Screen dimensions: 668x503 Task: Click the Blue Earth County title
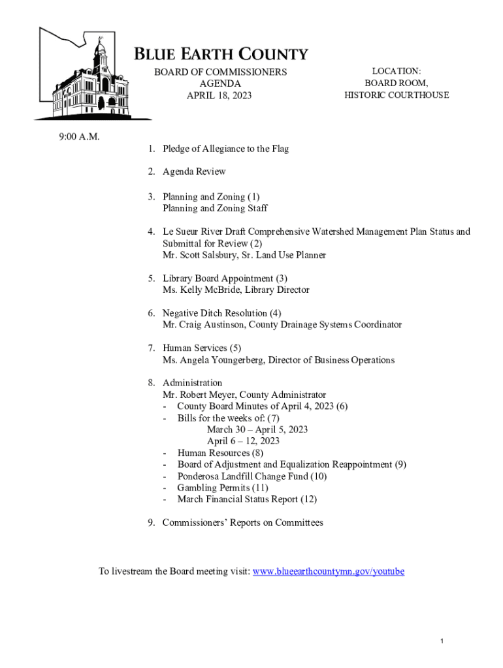[x=221, y=54]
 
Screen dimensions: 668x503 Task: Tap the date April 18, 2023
[x=219, y=96]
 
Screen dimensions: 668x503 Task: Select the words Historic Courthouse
[x=397, y=95]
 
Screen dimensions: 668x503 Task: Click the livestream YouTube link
[x=329, y=571]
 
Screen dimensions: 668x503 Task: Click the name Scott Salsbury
[x=214, y=255]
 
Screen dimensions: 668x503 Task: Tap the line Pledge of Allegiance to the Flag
[x=225, y=149]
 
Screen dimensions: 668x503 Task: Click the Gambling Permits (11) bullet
[x=223, y=488]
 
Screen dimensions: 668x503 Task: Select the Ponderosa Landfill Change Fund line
[x=252, y=476]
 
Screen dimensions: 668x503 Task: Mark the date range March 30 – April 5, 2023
[x=257, y=429]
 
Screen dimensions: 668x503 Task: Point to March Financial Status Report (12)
[x=247, y=500]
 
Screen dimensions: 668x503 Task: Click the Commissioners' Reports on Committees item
[x=242, y=523]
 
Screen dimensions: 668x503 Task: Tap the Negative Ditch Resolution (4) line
[x=221, y=313]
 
